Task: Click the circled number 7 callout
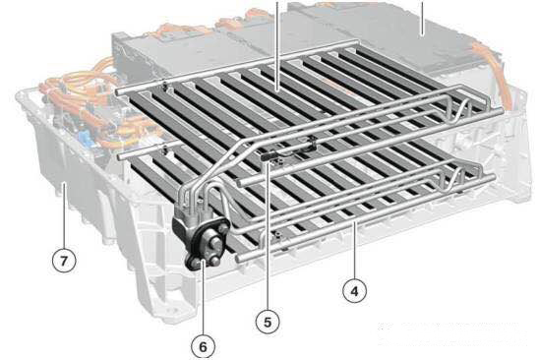[64, 261]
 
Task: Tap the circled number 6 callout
[204, 347]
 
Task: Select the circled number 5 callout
[268, 323]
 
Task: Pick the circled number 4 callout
[354, 291]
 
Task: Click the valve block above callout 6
[201, 240]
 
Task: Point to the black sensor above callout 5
[271, 156]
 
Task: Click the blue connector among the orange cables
[85, 139]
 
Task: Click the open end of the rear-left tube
[118, 92]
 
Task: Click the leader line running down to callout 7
[64, 215]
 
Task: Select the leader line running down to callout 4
[355, 251]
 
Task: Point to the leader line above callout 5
[268, 236]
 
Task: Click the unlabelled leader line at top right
[422, 18]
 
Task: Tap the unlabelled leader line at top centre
[277, 45]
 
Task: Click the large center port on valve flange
[215, 243]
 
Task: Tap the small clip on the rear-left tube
[165, 85]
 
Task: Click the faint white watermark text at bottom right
[452, 333]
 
